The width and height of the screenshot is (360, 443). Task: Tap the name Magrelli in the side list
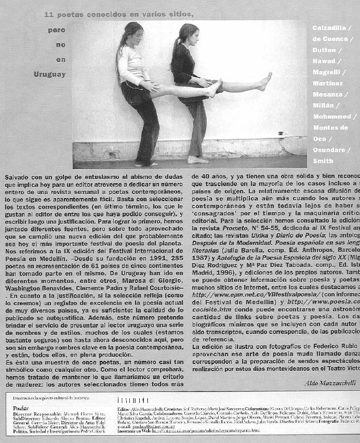click(x=327, y=72)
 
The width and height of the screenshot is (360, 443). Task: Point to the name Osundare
click(x=330, y=150)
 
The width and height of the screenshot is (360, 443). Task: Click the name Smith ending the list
click(x=322, y=161)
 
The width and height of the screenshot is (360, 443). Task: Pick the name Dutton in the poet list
click(x=324, y=50)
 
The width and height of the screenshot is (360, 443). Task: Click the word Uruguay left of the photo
click(x=50, y=74)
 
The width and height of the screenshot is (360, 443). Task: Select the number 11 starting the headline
click(x=49, y=14)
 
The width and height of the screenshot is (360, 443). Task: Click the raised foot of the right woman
click(x=266, y=81)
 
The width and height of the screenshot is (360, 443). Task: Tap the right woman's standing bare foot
click(x=197, y=160)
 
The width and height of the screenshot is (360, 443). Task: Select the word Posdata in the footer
click(x=21, y=408)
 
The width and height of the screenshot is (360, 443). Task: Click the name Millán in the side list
click(x=324, y=105)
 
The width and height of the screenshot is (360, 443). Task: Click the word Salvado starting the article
click(x=17, y=177)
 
